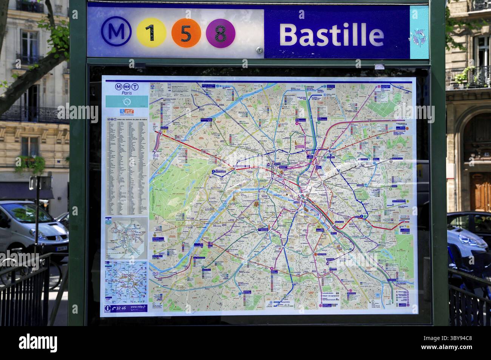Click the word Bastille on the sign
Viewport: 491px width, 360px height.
[331, 34]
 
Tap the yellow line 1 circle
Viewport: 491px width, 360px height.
[151, 33]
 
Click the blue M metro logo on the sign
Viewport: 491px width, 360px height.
[116, 32]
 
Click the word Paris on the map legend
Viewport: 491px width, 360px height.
[127, 92]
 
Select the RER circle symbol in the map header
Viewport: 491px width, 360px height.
[126, 87]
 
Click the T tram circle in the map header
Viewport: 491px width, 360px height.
[135, 87]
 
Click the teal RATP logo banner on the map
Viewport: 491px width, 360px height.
[127, 101]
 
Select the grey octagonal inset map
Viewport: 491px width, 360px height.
[127, 238]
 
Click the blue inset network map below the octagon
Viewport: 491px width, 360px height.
[127, 281]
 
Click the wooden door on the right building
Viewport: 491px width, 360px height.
[480, 192]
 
